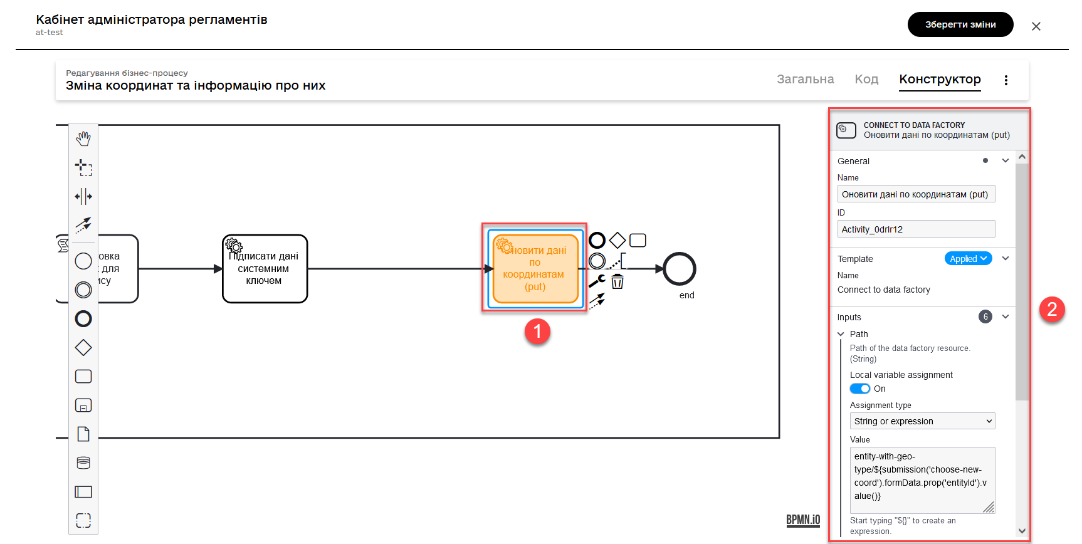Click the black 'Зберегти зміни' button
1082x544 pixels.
tap(960, 24)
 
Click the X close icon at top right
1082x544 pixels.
tap(1036, 26)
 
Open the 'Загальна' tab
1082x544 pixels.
tap(805, 79)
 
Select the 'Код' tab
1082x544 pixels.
tap(866, 79)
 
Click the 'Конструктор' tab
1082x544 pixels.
tap(940, 79)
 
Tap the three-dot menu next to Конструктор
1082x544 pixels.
tap(1006, 80)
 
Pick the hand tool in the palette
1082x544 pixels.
tap(83, 139)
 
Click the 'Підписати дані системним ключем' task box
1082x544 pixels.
tap(265, 269)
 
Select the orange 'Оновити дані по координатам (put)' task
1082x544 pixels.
tap(535, 269)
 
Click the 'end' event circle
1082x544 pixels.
tap(680, 269)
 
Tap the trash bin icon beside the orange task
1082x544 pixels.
tap(617, 281)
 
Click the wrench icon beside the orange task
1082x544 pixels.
tap(597, 281)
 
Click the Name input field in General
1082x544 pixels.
tap(916, 194)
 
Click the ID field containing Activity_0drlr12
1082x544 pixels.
tap(916, 229)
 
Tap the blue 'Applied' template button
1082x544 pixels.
tap(968, 259)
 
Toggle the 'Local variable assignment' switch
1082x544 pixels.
tap(860, 389)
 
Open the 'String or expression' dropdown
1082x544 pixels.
tap(922, 421)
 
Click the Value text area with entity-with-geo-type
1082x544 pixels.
tap(922, 479)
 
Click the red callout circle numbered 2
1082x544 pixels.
tap(1052, 309)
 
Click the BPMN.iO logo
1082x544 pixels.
tap(803, 520)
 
